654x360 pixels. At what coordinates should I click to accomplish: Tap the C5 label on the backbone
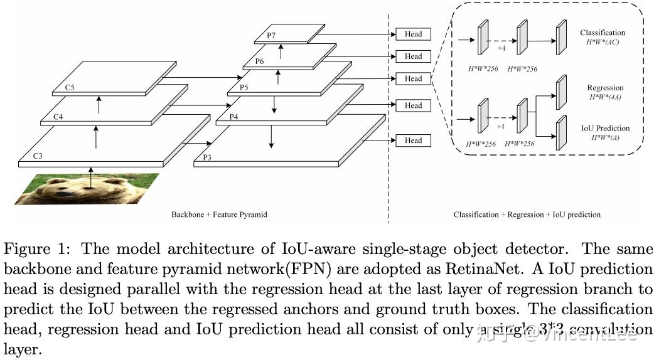click(x=69, y=88)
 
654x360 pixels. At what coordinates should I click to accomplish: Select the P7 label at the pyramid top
click(x=271, y=36)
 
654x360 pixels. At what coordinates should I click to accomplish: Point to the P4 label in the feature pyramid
click(x=233, y=117)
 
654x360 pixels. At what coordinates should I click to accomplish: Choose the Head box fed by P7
click(x=413, y=34)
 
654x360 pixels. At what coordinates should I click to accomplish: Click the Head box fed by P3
click(x=413, y=140)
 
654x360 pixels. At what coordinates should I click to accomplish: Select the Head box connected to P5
click(x=413, y=78)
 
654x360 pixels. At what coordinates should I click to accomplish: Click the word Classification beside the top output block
click(x=603, y=33)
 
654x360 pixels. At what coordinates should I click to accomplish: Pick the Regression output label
click(x=605, y=88)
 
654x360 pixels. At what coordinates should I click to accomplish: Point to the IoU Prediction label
click(x=604, y=128)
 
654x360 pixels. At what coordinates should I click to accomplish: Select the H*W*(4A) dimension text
click(x=604, y=97)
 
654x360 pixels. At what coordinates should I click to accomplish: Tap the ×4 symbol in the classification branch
click(x=501, y=48)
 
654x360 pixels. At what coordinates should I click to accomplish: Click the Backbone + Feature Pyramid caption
click(x=219, y=214)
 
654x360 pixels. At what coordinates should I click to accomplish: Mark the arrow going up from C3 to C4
click(x=95, y=137)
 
